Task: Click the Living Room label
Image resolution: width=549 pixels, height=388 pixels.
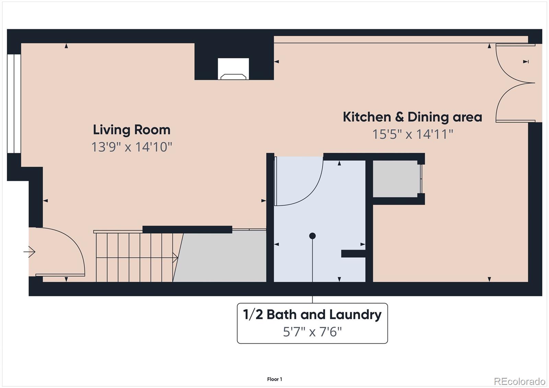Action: point(131,130)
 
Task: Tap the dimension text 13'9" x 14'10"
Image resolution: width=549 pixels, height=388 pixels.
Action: point(131,147)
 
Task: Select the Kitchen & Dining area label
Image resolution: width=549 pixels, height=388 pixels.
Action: point(412,117)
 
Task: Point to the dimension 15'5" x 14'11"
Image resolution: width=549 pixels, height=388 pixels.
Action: point(412,134)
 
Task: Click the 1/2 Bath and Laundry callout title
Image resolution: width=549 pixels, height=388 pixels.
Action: point(312,315)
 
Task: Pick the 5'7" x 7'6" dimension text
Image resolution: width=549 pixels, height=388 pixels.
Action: point(312,332)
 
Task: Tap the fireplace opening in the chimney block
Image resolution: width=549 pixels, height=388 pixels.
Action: point(233,69)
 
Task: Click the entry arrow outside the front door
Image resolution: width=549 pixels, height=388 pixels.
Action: point(30,252)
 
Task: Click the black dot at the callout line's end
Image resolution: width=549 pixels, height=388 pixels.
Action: point(312,236)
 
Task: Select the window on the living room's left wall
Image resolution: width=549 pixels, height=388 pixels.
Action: point(14,103)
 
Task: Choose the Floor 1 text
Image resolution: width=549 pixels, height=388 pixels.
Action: point(274,379)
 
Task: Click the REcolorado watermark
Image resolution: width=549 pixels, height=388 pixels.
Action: point(519,381)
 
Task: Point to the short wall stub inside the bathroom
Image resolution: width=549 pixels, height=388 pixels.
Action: point(353,254)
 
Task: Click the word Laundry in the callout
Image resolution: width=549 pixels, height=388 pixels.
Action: point(355,315)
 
